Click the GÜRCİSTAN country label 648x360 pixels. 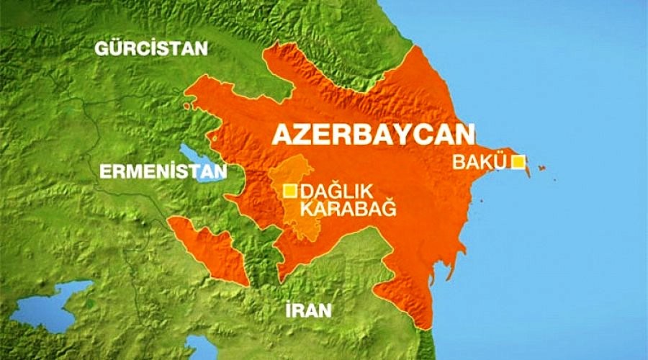151,50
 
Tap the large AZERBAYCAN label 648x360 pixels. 372,135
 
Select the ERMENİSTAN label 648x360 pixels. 162,171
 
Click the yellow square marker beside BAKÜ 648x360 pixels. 517,162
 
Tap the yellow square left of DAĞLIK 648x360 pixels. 289,191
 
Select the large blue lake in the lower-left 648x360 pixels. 50,303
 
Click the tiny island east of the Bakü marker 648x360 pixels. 541,168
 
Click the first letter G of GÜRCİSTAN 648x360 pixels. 101,50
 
